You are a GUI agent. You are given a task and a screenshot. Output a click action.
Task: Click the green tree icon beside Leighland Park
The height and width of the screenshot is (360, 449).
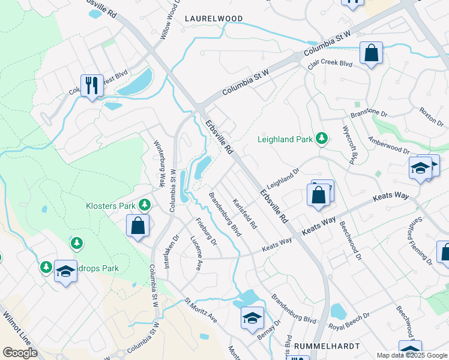point(322,139)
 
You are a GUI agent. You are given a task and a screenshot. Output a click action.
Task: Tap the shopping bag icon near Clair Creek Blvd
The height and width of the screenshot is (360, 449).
point(372,53)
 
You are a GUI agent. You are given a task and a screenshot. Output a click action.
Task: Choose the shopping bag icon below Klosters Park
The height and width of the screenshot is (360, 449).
point(137,226)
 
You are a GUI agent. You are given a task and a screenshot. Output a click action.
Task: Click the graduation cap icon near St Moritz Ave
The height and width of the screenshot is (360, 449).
point(252,317)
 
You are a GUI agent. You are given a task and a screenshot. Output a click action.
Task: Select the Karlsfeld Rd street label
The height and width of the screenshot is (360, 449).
point(245,214)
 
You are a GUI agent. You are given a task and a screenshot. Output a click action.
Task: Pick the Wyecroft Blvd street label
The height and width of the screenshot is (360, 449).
point(350,145)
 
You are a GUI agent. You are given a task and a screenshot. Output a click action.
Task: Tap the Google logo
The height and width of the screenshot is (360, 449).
point(20,353)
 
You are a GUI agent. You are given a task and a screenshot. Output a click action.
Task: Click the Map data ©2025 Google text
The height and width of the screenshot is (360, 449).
point(411,355)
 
